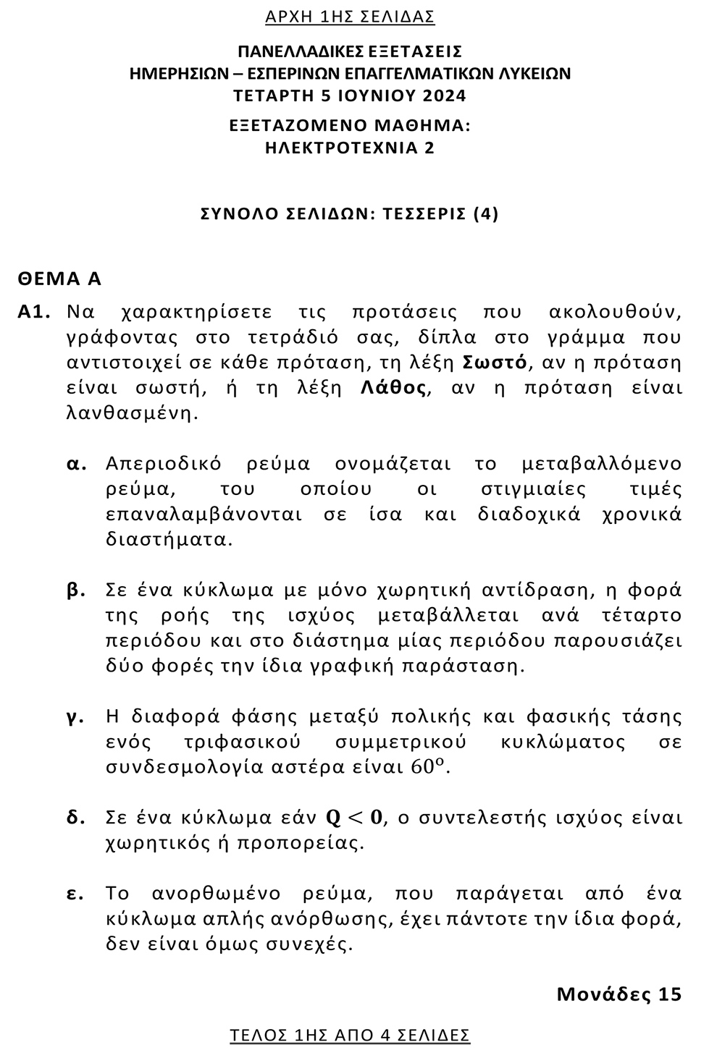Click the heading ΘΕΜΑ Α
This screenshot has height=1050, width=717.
pyautogui.click(x=59, y=279)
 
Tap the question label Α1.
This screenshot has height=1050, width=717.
pyautogui.click(x=34, y=313)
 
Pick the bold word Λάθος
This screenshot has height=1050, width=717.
pyautogui.click(x=393, y=388)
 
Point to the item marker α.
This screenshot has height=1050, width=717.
pyautogui.click(x=76, y=464)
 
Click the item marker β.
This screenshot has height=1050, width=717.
pyautogui.click(x=76, y=590)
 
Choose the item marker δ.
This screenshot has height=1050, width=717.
pyautogui.click(x=76, y=818)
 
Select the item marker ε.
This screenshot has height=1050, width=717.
pyautogui.click(x=75, y=894)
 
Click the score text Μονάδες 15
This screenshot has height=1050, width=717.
pyautogui.click(x=619, y=994)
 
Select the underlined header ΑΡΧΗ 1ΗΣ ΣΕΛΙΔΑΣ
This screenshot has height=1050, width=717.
pyautogui.click(x=350, y=17)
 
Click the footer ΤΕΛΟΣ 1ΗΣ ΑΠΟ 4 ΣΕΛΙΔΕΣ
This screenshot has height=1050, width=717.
pyautogui.click(x=350, y=1035)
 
